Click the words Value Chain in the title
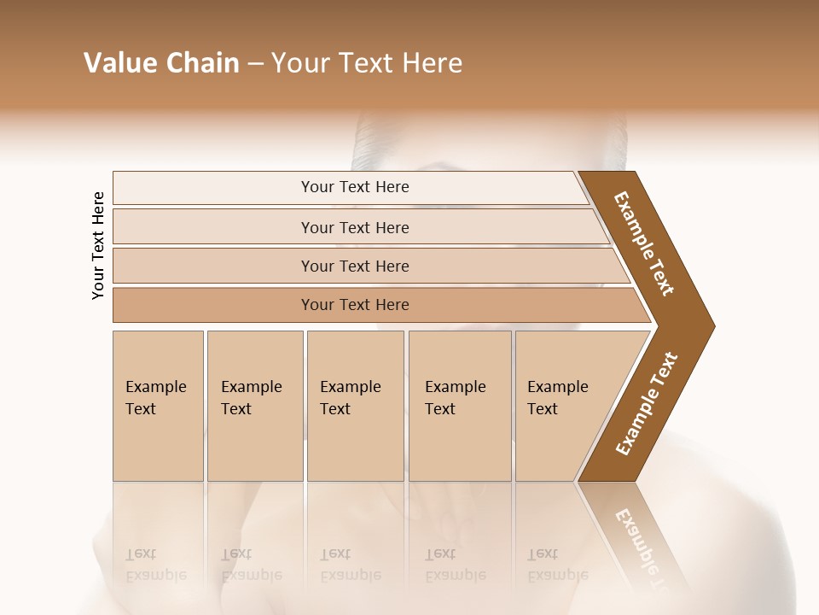161,63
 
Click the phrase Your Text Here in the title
367,63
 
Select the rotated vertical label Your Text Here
98,245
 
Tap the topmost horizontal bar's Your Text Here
355,187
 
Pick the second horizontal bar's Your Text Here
355,228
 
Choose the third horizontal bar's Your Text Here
355,266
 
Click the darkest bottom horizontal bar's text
355,305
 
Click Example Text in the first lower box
155,398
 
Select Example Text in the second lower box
251,398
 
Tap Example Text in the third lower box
350,398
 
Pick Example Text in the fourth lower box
455,398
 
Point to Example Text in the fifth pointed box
557,398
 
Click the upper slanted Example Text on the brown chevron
644,243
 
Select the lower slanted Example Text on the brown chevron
647,404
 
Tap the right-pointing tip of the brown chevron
712,325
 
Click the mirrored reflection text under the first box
155,565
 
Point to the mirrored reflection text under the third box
350,565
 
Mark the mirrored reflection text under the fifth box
557,565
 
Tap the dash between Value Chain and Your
255,64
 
